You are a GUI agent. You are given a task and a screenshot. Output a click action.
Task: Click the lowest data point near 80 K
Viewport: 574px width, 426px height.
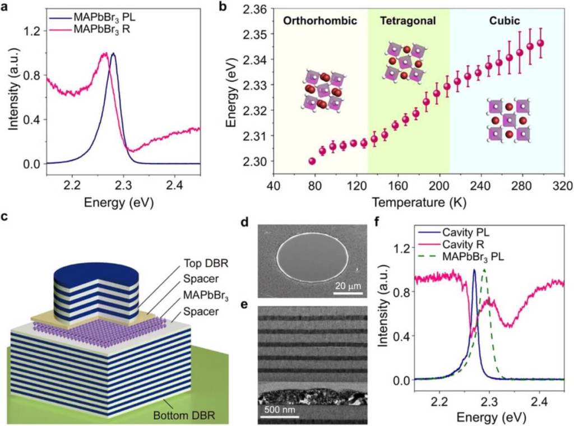312,161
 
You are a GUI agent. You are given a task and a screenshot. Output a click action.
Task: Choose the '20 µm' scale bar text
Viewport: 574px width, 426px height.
348,287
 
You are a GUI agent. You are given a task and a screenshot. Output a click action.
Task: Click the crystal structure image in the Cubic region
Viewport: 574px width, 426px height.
508,120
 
